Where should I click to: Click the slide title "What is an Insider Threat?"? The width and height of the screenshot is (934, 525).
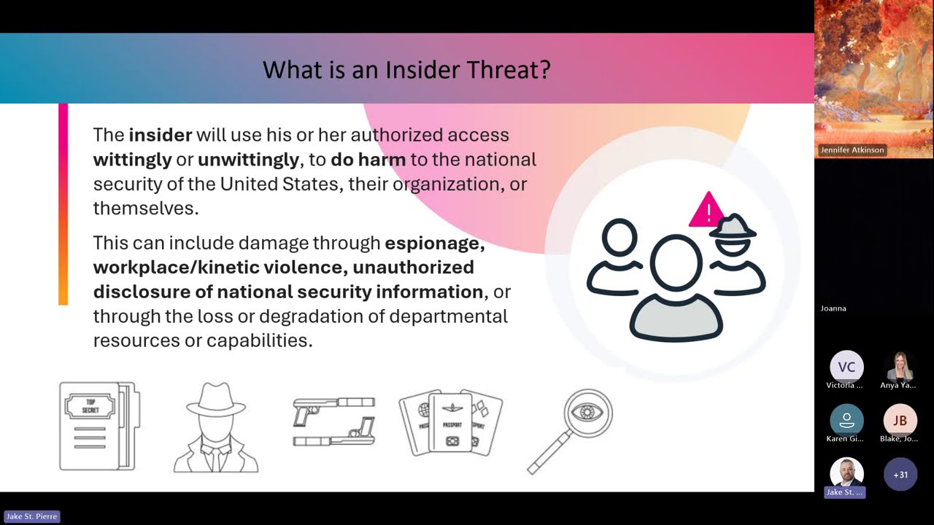pos(406,70)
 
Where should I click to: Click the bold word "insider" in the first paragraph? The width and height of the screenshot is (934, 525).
pos(160,135)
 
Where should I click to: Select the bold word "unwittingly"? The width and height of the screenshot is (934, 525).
pos(248,159)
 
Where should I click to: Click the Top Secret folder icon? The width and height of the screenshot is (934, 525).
pos(98,426)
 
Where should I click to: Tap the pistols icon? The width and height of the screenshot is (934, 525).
pos(334,421)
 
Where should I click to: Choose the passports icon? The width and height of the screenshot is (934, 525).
pos(450,423)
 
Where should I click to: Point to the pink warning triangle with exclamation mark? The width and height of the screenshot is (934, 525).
pos(706,211)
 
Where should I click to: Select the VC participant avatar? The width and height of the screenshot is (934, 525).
pos(846,367)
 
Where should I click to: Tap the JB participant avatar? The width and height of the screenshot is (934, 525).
pos(900,421)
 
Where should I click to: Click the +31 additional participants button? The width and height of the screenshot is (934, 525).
pos(900,475)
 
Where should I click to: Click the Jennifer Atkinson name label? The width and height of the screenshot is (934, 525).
pos(852,150)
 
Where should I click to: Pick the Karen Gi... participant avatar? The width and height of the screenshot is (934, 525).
pos(846,421)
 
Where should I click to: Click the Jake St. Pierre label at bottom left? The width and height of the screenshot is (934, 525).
pos(31,516)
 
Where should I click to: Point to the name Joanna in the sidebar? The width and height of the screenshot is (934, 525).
pos(833,308)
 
